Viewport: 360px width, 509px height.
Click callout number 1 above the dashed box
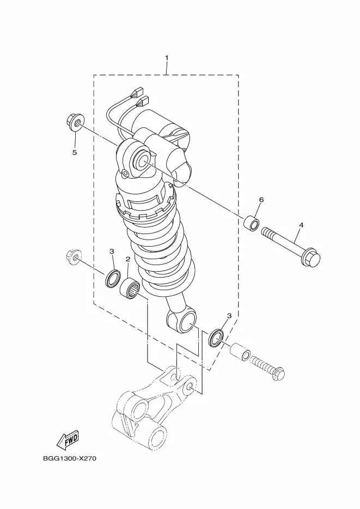click(x=167, y=58)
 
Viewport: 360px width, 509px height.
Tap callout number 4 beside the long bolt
click(x=301, y=225)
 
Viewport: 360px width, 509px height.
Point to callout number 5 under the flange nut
click(x=75, y=152)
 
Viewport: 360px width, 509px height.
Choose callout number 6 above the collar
click(x=261, y=199)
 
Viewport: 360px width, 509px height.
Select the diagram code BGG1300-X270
click(x=70, y=459)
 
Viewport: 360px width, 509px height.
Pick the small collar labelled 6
click(x=252, y=222)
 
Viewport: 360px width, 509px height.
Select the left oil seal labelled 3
click(x=112, y=278)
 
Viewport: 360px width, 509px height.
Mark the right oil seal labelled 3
click(x=216, y=338)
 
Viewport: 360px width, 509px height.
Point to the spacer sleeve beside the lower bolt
click(x=240, y=352)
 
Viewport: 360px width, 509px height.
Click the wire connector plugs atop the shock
click(x=139, y=97)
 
